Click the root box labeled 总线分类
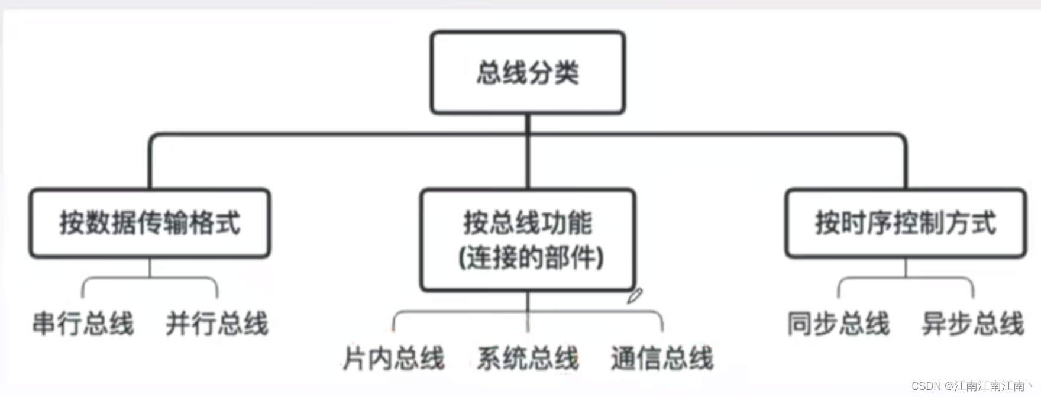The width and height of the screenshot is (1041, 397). pos(528,72)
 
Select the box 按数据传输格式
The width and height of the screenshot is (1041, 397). pos(150,223)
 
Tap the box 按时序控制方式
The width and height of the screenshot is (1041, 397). pos(906,223)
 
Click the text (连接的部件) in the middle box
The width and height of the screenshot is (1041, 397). pos(531,258)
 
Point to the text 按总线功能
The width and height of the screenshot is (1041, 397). pos(528,223)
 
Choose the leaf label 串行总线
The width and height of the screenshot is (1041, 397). pos(83,324)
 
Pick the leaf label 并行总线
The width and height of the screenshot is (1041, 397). pos(217,324)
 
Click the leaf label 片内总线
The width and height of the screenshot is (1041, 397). pos(393,359)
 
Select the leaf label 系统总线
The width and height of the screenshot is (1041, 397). pos(528,359)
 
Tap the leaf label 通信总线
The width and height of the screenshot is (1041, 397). pos(662,359)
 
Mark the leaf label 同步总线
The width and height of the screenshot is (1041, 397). pos(838,324)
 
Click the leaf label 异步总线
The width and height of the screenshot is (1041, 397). pos(972,324)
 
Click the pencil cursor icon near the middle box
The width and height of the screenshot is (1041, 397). pos(635,295)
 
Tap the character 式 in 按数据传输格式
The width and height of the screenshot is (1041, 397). pos(228,223)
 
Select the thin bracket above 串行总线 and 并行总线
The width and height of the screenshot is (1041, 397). pos(150,278)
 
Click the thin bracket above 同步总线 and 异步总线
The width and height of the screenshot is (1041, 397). pos(906,278)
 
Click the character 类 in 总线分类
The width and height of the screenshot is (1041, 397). pos(567,72)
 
